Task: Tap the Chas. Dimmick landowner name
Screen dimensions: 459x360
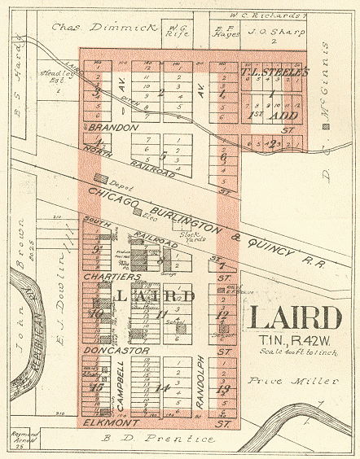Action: click(103, 26)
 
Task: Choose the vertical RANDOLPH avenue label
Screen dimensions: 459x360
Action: click(200, 382)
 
